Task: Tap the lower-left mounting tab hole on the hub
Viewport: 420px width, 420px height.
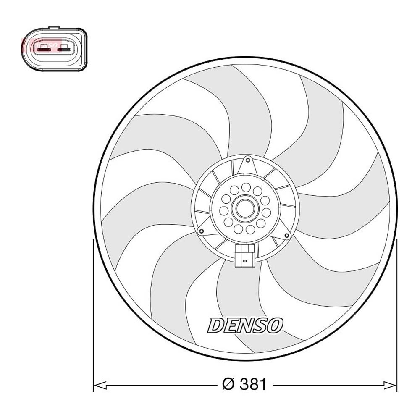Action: tap(202, 231)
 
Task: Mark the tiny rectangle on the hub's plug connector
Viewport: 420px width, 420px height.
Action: tap(245, 261)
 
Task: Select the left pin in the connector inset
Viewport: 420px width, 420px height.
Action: tap(43, 49)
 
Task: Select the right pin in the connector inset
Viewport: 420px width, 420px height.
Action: tap(65, 49)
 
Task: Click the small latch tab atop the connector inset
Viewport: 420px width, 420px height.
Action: tap(54, 28)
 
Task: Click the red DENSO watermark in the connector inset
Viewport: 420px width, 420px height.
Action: tap(42, 43)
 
